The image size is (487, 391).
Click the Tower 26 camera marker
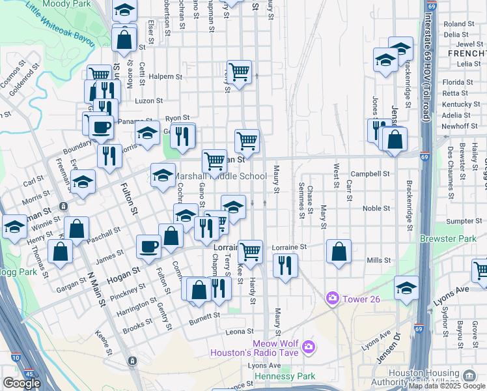pos(333,298)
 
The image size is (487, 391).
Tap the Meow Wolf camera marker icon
pos(308,346)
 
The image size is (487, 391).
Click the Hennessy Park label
pos(285,376)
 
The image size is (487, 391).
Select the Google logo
pos(21,383)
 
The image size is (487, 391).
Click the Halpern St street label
pos(165,77)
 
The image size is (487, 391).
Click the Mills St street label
pos(378,260)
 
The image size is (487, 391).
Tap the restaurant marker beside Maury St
pos(285,265)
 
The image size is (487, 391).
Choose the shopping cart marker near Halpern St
pos(240,71)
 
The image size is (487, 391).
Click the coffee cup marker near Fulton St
pos(148,246)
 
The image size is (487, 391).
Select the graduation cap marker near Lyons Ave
pos(406,287)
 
